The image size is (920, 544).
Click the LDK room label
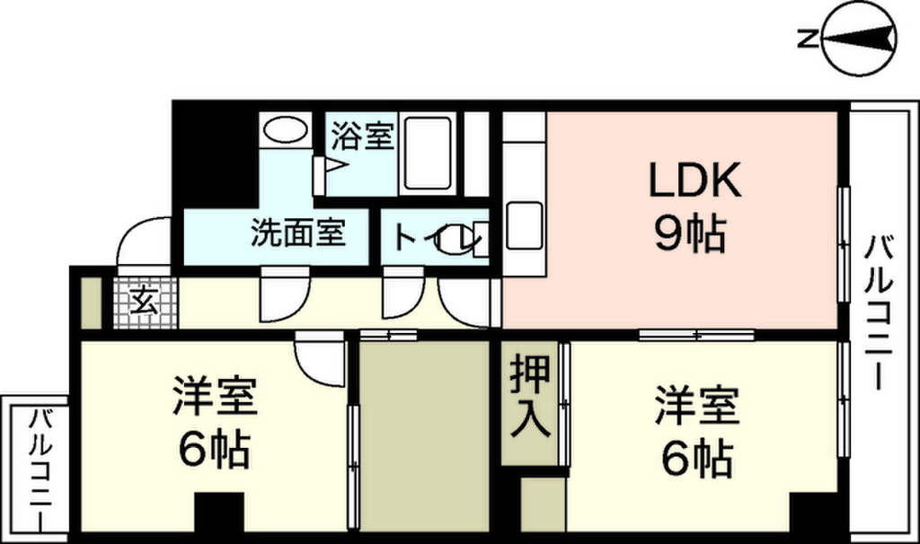pyautogui.click(x=695, y=179)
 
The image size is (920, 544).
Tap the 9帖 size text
pyautogui.click(x=690, y=233)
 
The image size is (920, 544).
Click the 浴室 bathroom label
pyautogui.click(x=362, y=135)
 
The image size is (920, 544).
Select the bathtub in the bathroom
pyautogui.click(x=428, y=154)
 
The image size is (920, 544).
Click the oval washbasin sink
pyautogui.click(x=285, y=128)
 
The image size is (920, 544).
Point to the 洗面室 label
pyautogui.click(x=298, y=233)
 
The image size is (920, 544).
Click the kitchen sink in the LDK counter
pyautogui.click(x=524, y=225)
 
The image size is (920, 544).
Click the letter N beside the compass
pyautogui.click(x=808, y=39)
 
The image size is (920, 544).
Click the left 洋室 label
pyautogui.click(x=216, y=396)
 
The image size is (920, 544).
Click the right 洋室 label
pyautogui.click(x=697, y=405)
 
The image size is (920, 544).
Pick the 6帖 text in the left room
pyautogui.click(x=215, y=449)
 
